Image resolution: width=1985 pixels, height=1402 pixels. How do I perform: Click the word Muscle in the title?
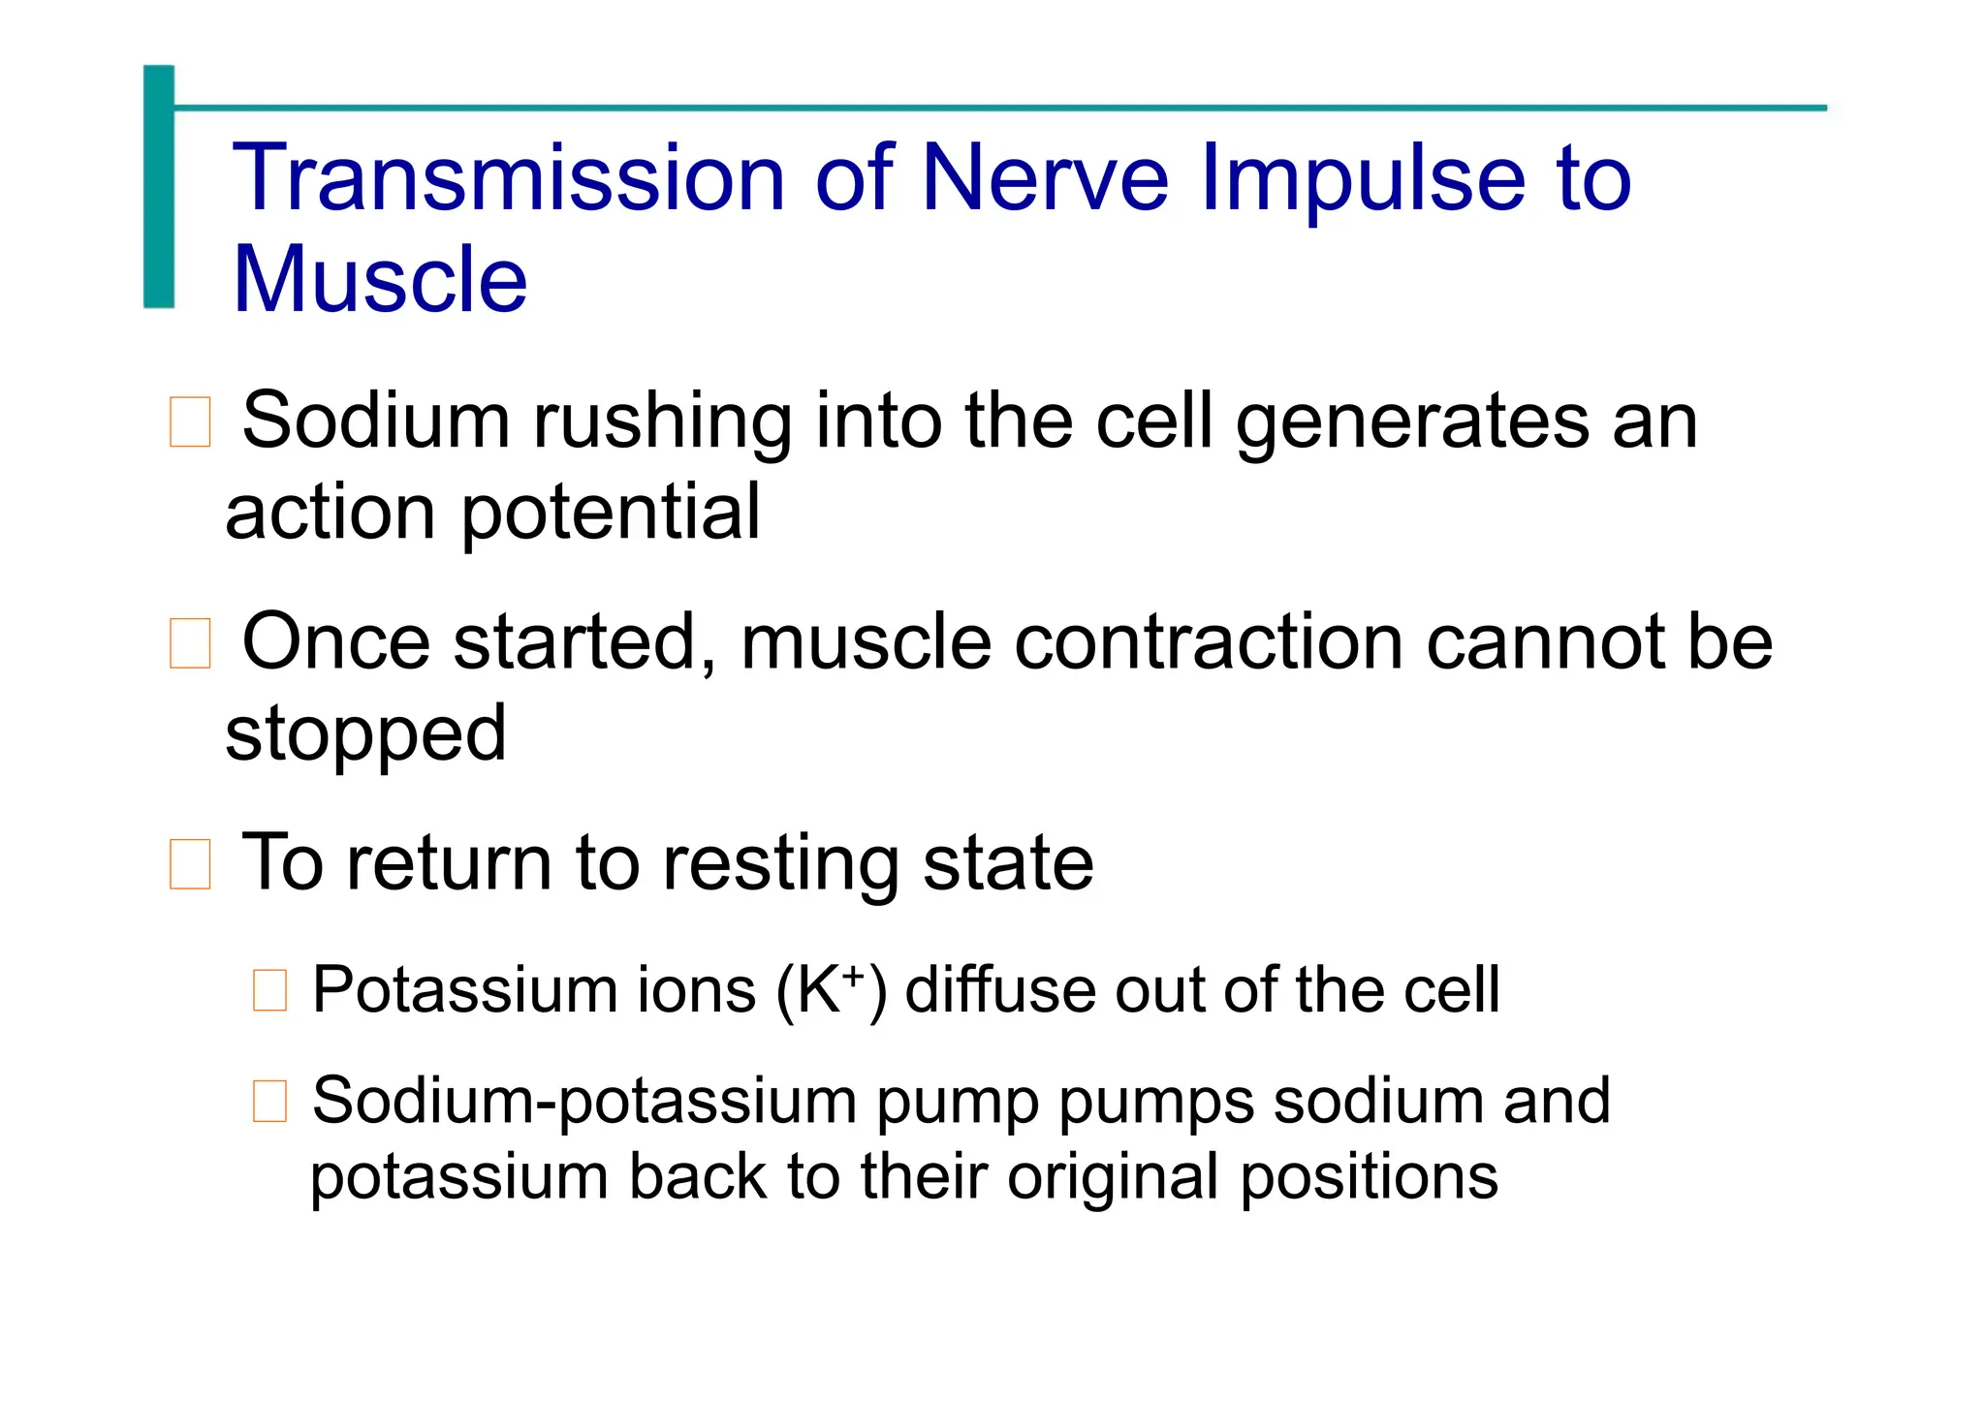380,280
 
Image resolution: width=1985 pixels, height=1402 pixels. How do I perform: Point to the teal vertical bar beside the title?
159,187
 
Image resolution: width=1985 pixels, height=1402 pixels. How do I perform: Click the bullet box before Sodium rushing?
190,422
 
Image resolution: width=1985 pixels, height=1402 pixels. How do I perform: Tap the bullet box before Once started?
190,643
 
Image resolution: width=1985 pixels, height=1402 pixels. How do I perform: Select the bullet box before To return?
190,864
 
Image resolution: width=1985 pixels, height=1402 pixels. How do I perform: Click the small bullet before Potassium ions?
269,991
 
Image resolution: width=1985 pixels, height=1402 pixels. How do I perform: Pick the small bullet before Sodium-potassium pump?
269,1102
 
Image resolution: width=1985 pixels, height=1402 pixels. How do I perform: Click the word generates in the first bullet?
1411,421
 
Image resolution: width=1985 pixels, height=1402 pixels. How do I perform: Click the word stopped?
365,733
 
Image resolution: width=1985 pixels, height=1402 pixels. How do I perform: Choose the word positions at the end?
1369,1177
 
